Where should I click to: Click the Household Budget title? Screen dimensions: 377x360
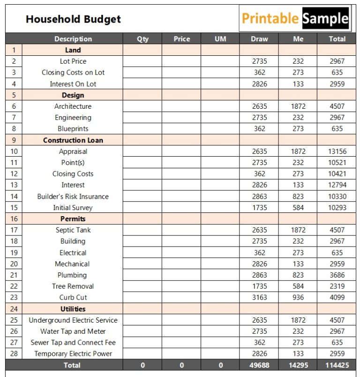[73, 19]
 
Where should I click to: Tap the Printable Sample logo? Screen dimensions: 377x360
[295, 19]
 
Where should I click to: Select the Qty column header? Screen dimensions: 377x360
[142, 39]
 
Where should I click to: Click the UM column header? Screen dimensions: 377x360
[220, 39]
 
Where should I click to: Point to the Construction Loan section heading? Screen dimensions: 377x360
[73, 140]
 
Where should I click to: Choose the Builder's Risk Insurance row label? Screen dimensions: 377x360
[73, 196]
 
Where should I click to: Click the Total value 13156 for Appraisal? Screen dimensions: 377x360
[337, 151]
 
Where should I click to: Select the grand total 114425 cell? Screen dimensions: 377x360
[337, 365]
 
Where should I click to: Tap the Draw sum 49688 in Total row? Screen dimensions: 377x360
[259, 365]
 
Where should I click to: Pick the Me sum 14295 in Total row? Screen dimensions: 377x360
[298, 365]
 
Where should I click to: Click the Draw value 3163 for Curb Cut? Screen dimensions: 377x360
[259, 297]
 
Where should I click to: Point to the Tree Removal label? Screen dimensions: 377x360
[73, 286]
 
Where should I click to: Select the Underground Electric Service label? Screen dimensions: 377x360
[73, 320]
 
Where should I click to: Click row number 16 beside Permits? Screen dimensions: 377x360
[14, 219]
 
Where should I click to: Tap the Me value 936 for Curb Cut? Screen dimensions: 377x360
[298, 297]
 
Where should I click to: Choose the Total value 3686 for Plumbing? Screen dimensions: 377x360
[337, 275]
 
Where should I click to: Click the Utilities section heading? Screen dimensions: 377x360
[73, 309]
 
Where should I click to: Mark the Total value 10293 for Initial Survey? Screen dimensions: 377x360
[337, 208]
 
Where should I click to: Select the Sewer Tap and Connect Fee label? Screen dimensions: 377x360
[73, 343]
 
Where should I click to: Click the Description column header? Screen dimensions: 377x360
[73, 39]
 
